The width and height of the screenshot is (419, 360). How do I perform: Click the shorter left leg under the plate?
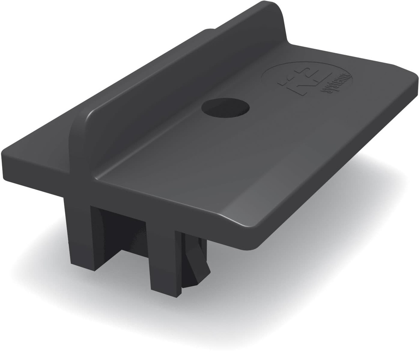[x=80, y=233]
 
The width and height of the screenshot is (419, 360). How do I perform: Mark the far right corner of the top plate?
[x=413, y=78]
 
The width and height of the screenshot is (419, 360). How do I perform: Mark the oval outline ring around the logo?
[x=270, y=70]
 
